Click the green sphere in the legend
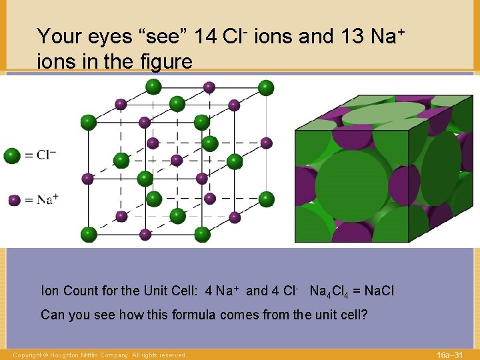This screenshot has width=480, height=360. tap(12, 156)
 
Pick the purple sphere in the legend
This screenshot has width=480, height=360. tap(14, 200)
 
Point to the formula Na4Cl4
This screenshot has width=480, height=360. tap(333, 291)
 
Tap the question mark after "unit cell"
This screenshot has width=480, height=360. tap(365, 314)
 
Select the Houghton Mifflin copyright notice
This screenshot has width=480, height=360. tap(99, 355)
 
